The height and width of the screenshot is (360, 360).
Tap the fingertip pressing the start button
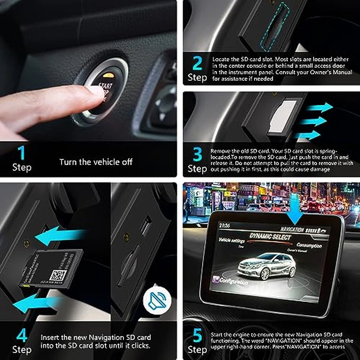click(x=93, y=93)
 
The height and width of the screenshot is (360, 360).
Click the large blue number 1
click(x=21, y=153)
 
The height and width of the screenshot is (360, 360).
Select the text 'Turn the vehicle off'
click(x=96, y=162)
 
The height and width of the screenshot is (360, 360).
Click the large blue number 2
click(x=197, y=64)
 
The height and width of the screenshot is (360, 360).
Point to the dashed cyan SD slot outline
click(x=272, y=26)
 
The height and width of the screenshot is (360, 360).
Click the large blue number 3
click(x=197, y=154)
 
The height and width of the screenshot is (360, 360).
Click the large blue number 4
click(x=21, y=335)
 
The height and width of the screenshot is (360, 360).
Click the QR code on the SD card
click(x=58, y=275)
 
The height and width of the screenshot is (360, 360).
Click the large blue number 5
click(x=197, y=335)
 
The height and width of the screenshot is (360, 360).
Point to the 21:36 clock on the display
click(x=224, y=225)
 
